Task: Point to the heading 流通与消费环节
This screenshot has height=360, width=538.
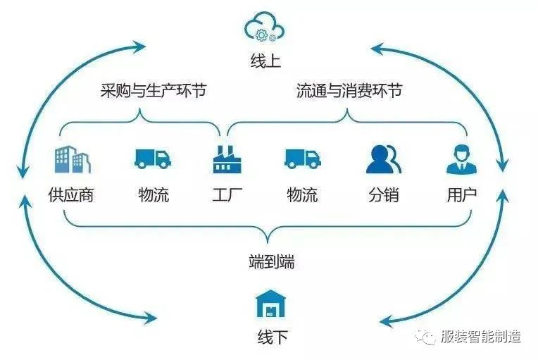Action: coord(350,91)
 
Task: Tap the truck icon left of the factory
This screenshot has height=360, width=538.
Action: coord(153,158)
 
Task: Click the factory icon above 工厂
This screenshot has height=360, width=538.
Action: coord(227,159)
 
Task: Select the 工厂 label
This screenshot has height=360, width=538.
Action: coord(227,194)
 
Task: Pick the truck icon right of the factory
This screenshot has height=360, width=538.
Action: coord(303,158)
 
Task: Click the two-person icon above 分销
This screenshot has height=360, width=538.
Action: coord(383,159)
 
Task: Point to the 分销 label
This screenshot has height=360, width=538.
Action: coord(383,194)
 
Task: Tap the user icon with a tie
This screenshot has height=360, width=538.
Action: coord(461,159)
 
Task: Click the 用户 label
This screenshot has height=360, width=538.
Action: coord(461,194)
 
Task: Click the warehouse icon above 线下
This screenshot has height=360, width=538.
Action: coord(270,304)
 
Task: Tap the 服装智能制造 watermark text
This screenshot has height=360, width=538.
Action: coord(480,336)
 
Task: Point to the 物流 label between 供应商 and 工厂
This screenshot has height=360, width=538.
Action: coord(154,194)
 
